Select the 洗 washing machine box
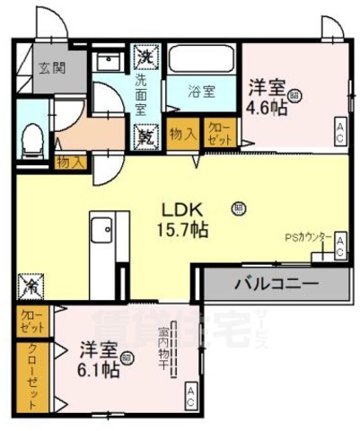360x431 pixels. click(x=145, y=56)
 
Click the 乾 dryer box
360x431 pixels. click(x=145, y=136)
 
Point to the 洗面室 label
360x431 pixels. click(x=142, y=93)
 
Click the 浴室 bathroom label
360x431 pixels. click(x=201, y=91)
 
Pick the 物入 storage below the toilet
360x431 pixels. click(x=71, y=162)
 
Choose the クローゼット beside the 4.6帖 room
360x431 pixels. click(x=219, y=133)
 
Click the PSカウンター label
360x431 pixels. click(x=309, y=238)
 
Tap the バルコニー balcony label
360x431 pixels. click(x=276, y=285)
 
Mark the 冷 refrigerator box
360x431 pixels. click(x=31, y=287)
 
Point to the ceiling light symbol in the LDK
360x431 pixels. click(x=238, y=208)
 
